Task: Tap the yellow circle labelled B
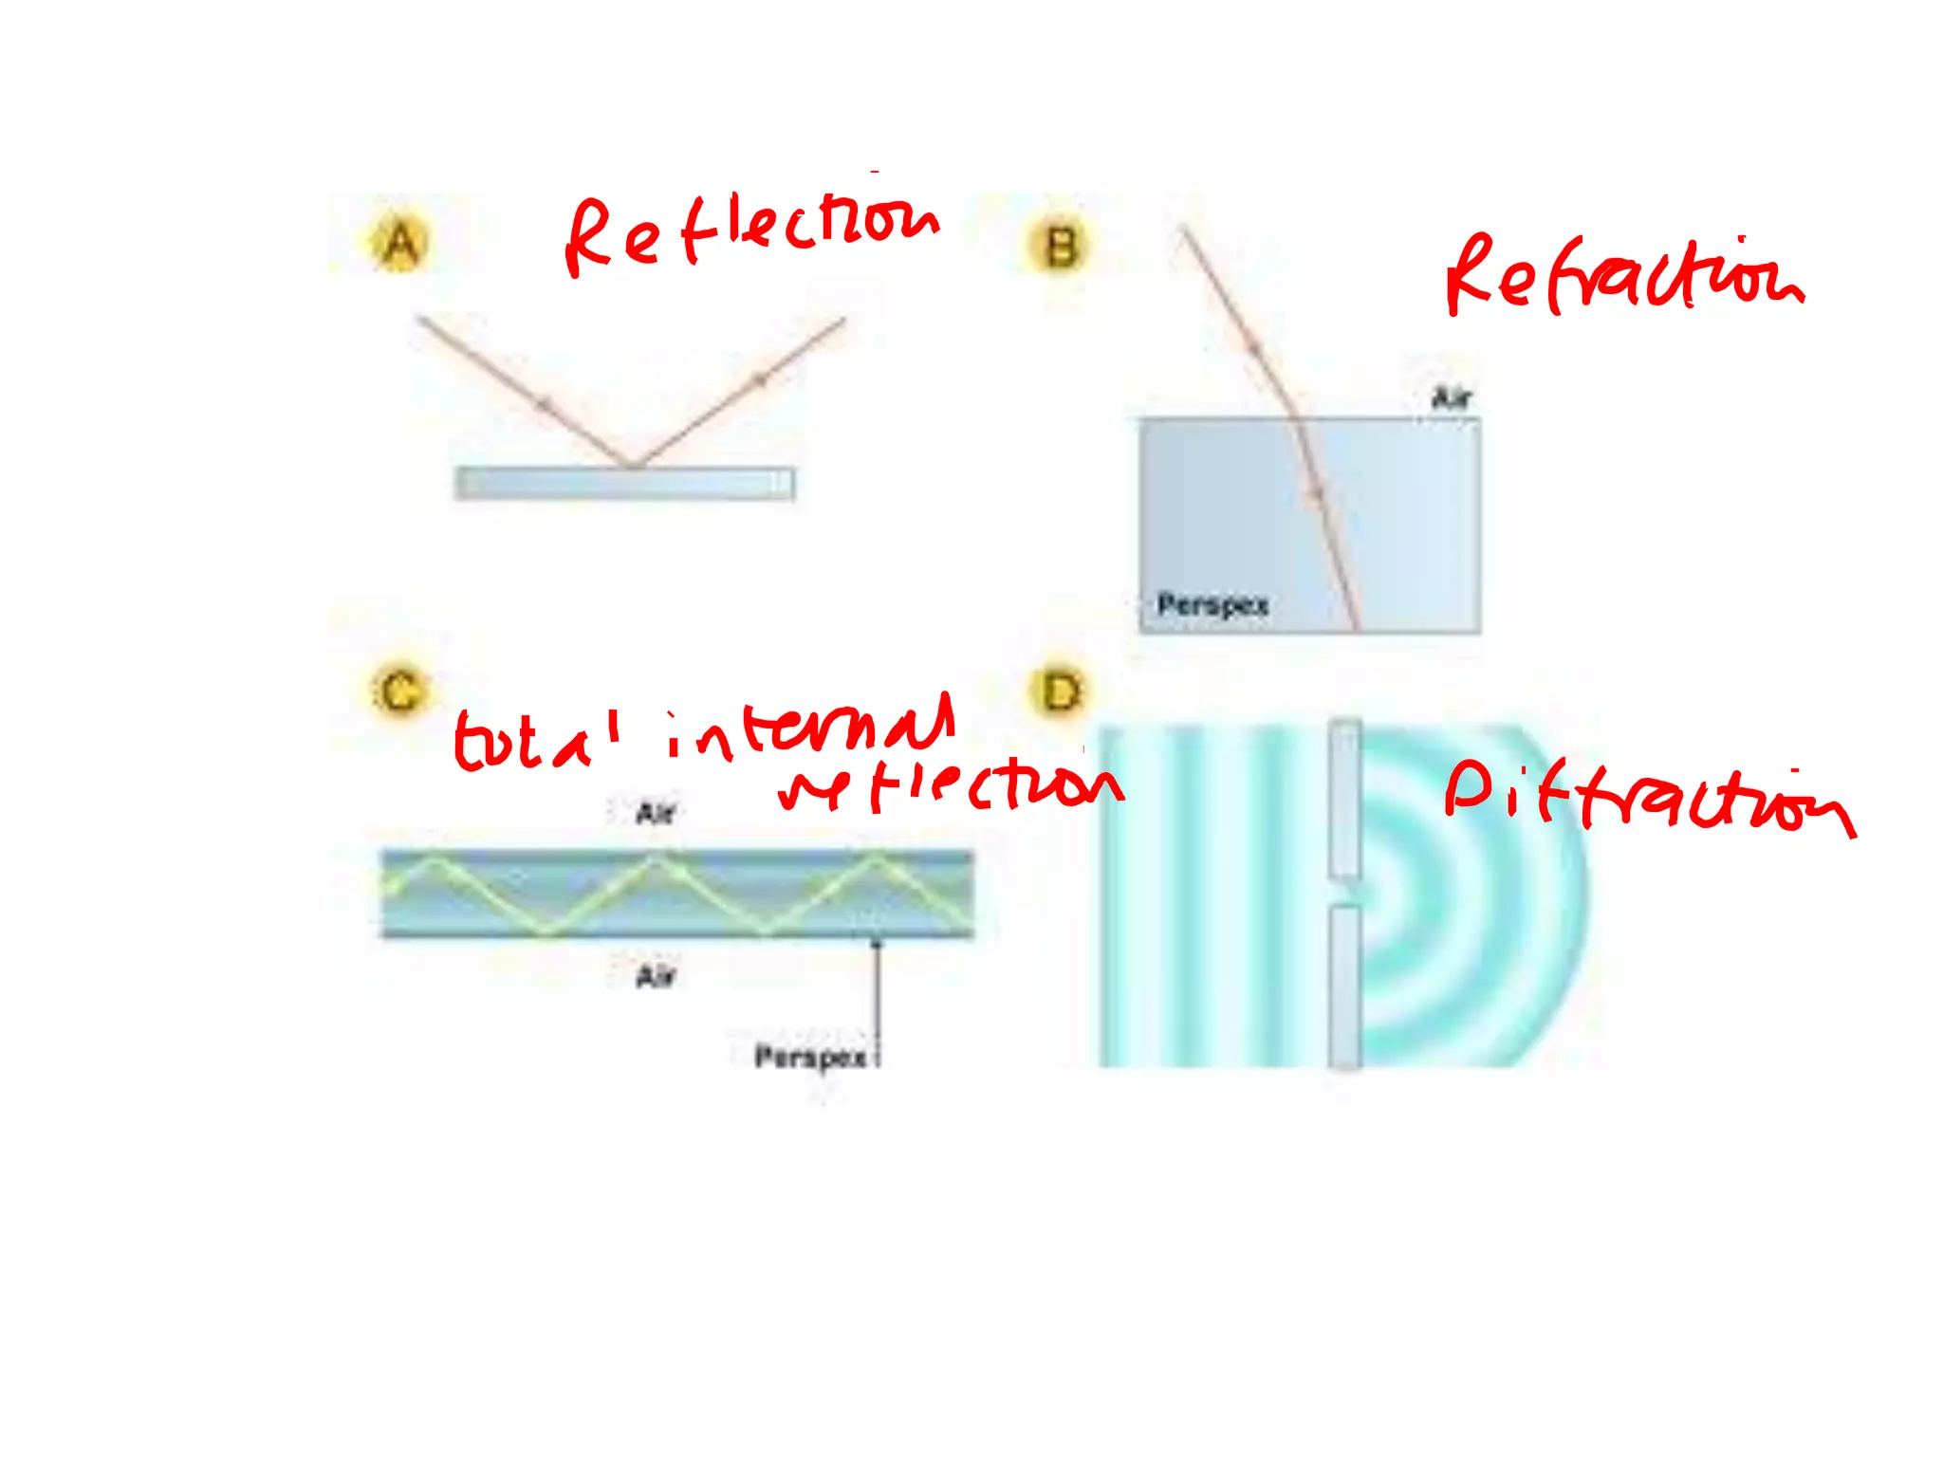tap(1061, 246)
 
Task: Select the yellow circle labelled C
tap(399, 691)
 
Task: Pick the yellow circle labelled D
tap(1060, 692)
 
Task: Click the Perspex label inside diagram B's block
tap(1212, 604)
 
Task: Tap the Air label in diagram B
tap(1452, 397)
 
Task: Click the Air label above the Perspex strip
tap(656, 813)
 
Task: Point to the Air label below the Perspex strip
tap(656, 976)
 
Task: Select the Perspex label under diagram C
tap(810, 1057)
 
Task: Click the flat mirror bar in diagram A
tap(624, 483)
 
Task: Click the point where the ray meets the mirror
tap(630, 466)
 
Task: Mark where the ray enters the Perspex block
tap(1296, 418)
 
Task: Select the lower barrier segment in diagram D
tap(1344, 987)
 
